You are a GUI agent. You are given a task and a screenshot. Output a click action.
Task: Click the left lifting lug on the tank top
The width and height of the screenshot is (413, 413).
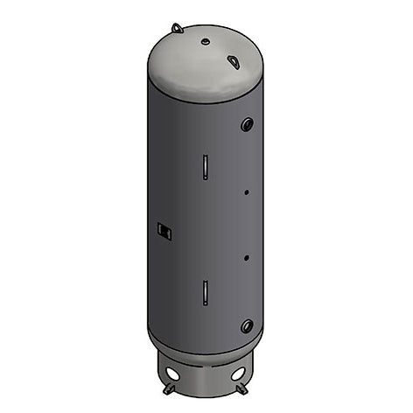coord(178,28)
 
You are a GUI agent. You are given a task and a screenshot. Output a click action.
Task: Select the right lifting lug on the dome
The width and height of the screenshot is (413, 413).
coord(234,62)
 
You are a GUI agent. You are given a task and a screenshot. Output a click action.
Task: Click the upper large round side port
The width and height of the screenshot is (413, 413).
coord(247,123)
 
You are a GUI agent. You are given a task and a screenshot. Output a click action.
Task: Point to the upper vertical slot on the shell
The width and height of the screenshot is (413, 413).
coord(203,164)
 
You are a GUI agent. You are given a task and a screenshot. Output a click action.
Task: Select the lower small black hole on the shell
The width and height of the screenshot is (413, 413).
coord(247,257)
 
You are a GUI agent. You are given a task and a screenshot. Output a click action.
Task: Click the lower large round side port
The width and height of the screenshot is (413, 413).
coord(247,326)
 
